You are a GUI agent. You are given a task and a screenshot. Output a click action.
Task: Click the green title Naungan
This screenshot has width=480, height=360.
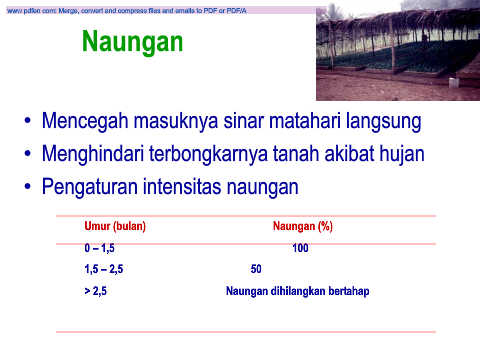click(x=132, y=42)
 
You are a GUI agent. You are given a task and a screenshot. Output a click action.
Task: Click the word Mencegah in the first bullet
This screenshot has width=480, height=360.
click(x=85, y=121)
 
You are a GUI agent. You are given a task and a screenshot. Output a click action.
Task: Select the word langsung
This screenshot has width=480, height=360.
click(x=384, y=122)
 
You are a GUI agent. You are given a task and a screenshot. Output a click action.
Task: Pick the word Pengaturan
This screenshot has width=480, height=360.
click(x=90, y=188)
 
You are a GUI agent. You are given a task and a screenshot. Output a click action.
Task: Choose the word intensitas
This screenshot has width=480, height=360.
click(x=182, y=187)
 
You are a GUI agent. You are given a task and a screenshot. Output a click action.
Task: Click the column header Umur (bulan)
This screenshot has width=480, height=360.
click(x=115, y=226)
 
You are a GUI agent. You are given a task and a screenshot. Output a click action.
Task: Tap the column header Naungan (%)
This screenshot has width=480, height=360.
click(x=303, y=226)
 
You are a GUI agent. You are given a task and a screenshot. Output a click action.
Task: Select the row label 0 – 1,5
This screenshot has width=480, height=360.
click(x=99, y=248)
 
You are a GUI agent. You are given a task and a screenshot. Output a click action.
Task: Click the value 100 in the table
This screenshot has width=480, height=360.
click(x=300, y=248)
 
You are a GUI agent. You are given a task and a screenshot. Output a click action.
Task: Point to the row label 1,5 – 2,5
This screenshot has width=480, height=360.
click(x=104, y=269)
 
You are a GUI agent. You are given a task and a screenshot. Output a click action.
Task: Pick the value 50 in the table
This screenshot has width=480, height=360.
click(x=256, y=269)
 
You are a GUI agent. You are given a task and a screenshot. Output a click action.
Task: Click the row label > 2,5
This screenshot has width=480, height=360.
click(x=96, y=291)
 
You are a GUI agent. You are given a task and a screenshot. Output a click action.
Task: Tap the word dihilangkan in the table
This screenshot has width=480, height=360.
click(x=298, y=291)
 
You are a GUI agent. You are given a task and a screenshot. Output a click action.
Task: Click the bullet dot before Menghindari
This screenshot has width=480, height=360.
click(x=28, y=153)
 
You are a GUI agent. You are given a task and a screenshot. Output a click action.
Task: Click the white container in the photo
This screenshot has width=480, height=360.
click(x=452, y=82)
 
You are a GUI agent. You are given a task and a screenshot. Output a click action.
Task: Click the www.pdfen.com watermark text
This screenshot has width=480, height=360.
click(x=127, y=11)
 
